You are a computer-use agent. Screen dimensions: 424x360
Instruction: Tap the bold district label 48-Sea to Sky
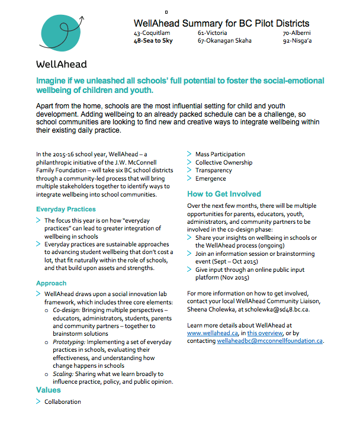(x=154, y=41)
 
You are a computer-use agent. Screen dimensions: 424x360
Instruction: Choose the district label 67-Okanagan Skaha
(x=224, y=41)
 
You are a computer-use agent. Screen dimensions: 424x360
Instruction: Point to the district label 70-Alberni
(x=297, y=33)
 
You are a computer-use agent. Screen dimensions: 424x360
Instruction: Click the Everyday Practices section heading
(x=66, y=209)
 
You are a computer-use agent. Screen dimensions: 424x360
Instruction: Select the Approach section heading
(x=52, y=283)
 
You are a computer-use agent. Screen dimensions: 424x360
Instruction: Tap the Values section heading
(x=49, y=390)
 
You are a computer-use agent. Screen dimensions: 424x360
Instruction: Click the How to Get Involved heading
(x=224, y=194)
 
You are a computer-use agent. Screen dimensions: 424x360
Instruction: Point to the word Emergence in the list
(x=210, y=178)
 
